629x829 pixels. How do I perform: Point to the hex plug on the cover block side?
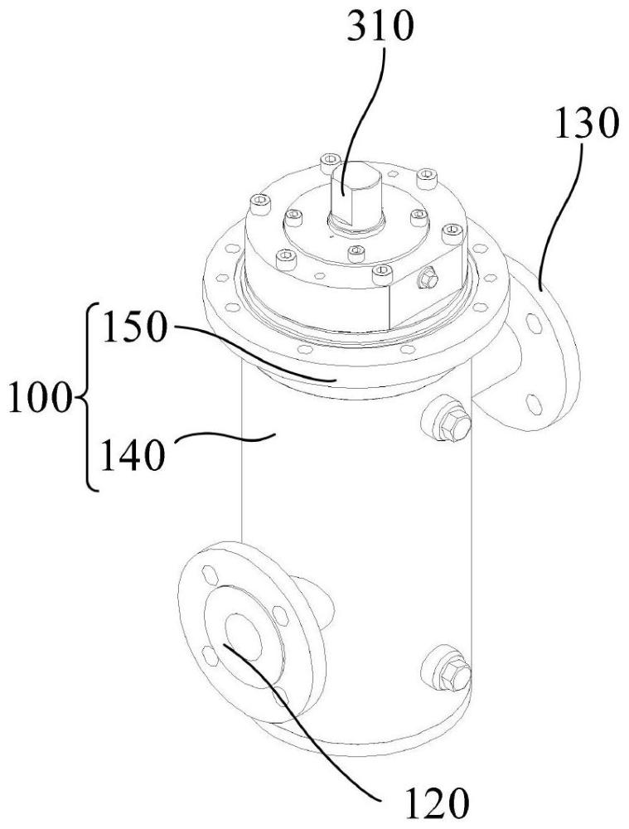click(x=428, y=281)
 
